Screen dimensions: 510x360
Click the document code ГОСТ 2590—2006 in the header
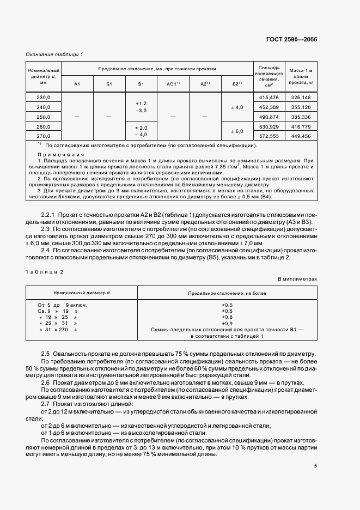pyautogui.click(x=291, y=40)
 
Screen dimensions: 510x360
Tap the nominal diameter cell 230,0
pyautogui.click(x=44, y=97)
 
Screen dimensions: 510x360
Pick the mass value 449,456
pyautogui.click(x=301, y=136)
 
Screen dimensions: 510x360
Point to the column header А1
pyautogui.click(x=77, y=83)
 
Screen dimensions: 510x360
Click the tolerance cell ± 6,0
pyautogui.click(x=237, y=131)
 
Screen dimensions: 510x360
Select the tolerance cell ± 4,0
pyautogui.click(x=237, y=107)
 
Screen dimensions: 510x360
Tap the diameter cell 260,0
pyautogui.click(x=44, y=126)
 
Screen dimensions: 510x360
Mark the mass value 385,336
pyautogui.click(x=301, y=117)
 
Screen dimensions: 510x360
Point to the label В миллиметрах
pyautogui.click(x=297, y=278)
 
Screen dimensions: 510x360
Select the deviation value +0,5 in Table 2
pyautogui.click(x=227, y=305)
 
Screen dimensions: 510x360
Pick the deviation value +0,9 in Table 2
pyautogui.click(x=227, y=324)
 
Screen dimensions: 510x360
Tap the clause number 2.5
pyautogui.click(x=46, y=353)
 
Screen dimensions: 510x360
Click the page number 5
pyautogui.click(x=315, y=465)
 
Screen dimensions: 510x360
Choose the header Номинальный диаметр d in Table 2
pyautogui.click(x=81, y=293)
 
